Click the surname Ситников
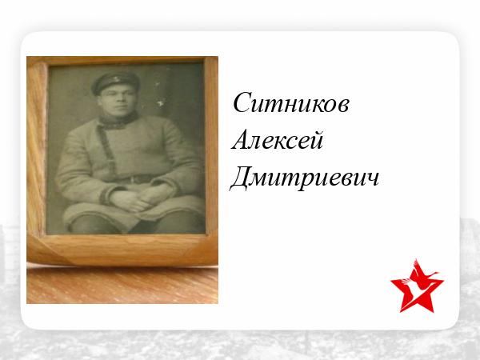tap(291, 103)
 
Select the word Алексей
tap(277, 139)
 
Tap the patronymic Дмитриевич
tap(304, 178)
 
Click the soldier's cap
tap(116, 82)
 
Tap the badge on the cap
tap(117, 79)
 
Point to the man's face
tap(117, 101)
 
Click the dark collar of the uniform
tap(118, 121)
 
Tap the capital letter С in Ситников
tap(242, 102)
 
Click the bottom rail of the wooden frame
tap(122, 250)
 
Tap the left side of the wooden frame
tap(37, 147)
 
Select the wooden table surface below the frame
tap(122, 285)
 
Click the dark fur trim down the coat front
tap(107, 150)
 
